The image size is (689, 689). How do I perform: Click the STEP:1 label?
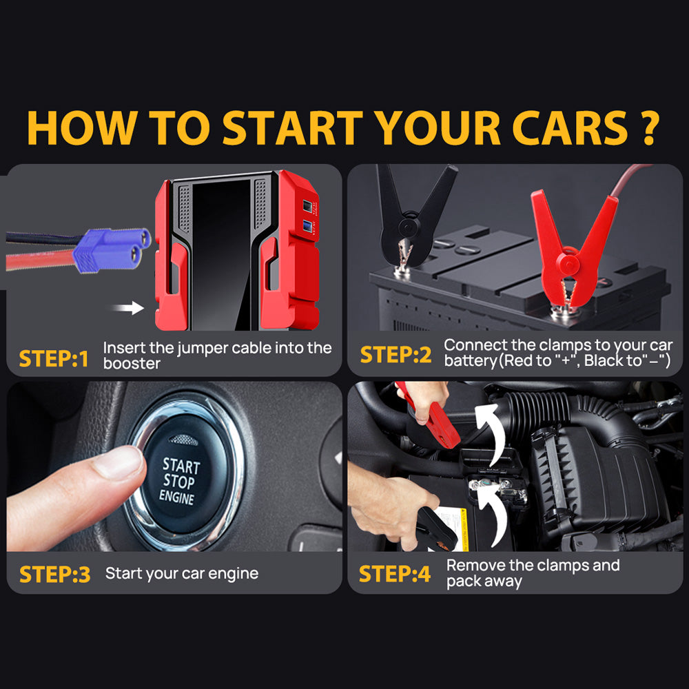pos(54,358)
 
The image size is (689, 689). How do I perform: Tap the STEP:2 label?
pos(395,354)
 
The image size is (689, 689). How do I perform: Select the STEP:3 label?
pos(54,574)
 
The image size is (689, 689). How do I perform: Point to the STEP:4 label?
pos(395,573)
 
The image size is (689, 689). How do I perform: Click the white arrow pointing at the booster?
pos(128,307)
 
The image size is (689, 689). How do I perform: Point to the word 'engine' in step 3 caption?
pos(230,573)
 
